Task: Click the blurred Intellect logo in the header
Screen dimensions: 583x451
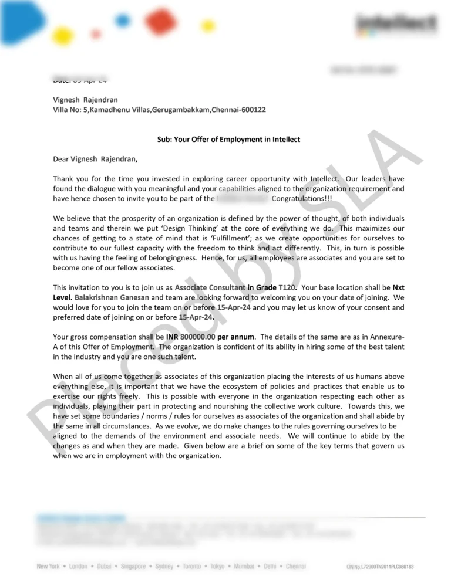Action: tap(397, 24)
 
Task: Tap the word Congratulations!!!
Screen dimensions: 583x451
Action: tap(302, 198)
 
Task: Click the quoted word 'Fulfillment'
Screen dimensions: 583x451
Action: tap(223, 238)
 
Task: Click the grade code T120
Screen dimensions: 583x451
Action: tap(288, 287)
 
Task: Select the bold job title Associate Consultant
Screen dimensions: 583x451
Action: tap(210, 287)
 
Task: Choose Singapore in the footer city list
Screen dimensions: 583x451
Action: tap(133, 567)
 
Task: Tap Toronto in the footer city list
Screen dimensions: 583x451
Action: tap(191, 567)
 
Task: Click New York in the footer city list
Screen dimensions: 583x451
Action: tap(48, 567)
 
